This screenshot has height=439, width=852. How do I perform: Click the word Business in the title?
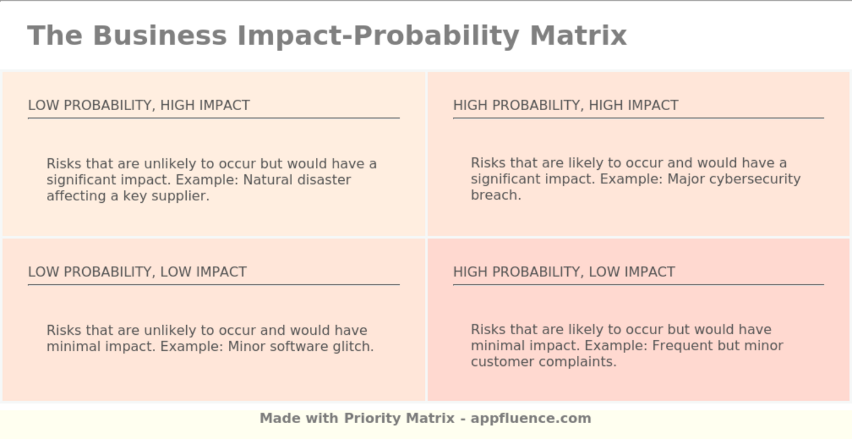click(159, 35)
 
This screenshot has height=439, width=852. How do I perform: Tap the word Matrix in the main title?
click(578, 35)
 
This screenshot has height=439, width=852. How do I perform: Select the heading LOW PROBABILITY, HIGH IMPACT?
click(139, 105)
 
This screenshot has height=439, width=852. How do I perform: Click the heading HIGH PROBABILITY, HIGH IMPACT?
click(565, 105)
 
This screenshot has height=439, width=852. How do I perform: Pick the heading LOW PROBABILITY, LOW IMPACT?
click(137, 272)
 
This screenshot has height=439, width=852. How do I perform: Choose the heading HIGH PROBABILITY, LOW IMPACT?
click(564, 272)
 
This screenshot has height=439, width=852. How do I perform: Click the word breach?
click(495, 195)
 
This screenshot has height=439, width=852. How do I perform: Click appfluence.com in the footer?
click(531, 418)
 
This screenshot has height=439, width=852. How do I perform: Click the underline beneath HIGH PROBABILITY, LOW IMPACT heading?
click(638, 284)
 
